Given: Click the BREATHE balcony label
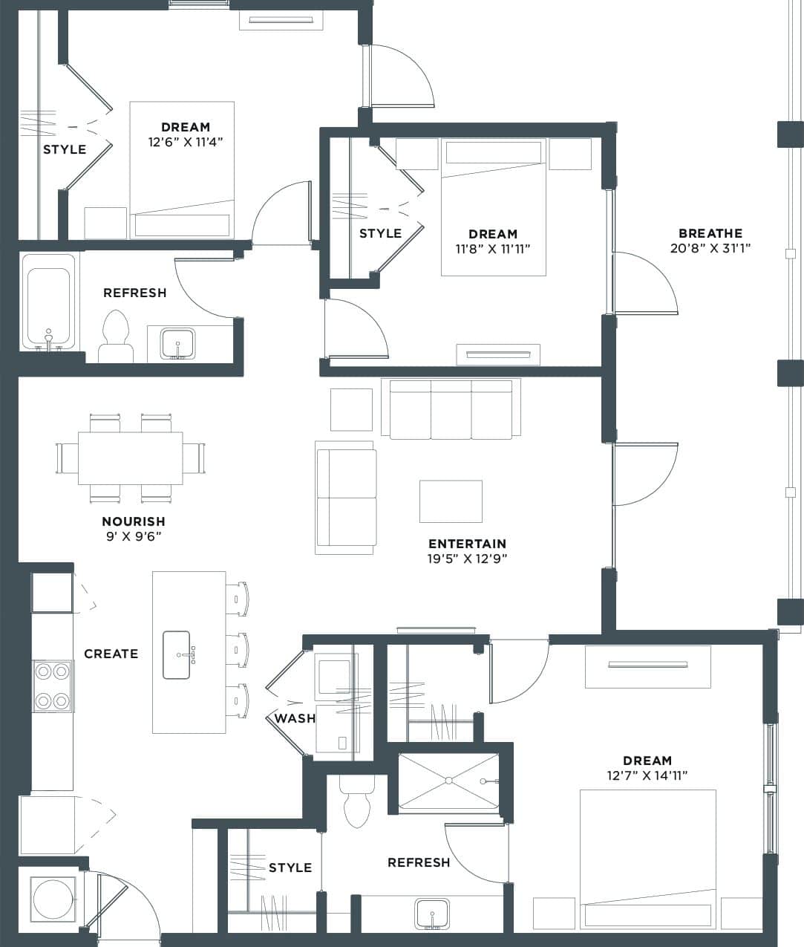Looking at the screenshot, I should click(x=710, y=233).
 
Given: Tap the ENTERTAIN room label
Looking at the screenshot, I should click(x=467, y=544).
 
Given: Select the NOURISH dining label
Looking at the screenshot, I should click(x=134, y=521).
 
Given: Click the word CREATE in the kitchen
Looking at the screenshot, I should click(x=111, y=654).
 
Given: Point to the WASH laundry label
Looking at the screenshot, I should click(x=295, y=718).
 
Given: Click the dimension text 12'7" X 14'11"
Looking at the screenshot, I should click(x=647, y=775).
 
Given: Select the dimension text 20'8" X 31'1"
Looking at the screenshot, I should click(x=710, y=248).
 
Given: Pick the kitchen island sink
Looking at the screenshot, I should click(x=177, y=654).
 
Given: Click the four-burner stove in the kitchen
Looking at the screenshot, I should click(x=52, y=686).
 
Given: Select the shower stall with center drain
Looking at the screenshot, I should click(x=448, y=781).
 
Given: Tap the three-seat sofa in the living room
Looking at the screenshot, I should click(x=451, y=409).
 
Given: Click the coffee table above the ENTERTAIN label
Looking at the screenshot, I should click(x=451, y=501).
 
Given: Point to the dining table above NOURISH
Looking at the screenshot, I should click(x=130, y=458).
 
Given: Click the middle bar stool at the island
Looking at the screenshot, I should click(x=238, y=649).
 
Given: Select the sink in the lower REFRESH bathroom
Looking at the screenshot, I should click(x=431, y=913).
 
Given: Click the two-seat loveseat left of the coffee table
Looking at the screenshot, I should click(x=345, y=498).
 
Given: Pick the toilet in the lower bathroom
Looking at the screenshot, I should click(x=357, y=803).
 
